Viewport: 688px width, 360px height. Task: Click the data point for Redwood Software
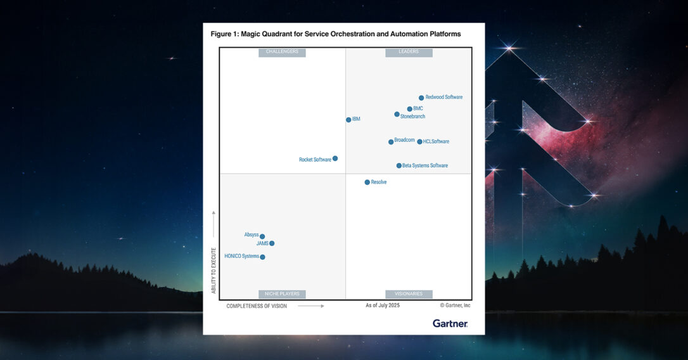pos(421,98)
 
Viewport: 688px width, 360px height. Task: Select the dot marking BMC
pos(410,109)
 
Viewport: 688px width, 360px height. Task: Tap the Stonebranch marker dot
pos(397,115)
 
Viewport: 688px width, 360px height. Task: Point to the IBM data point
pos(348,120)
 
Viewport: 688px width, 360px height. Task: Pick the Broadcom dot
pos(391,142)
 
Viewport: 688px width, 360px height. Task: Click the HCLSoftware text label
pos(436,141)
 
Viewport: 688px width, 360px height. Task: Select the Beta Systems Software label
pos(425,165)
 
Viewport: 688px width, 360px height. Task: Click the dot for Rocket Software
pos(335,158)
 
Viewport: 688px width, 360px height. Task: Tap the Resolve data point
pos(367,183)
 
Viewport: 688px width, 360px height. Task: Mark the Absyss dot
pos(262,236)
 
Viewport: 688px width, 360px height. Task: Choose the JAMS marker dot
pos(272,243)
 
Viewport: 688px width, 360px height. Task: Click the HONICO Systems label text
pos(241,256)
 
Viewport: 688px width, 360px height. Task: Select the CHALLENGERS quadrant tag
pos(282,52)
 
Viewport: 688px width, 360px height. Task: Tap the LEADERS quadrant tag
pos(409,52)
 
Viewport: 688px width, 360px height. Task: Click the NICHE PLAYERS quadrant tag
pos(282,294)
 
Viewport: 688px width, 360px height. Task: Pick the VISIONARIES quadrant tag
pos(409,294)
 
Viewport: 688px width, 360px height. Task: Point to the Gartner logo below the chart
pos(450,323)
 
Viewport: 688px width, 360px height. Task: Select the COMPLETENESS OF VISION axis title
pos(257,306)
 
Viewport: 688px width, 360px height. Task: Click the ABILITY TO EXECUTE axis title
pos(213,270)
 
